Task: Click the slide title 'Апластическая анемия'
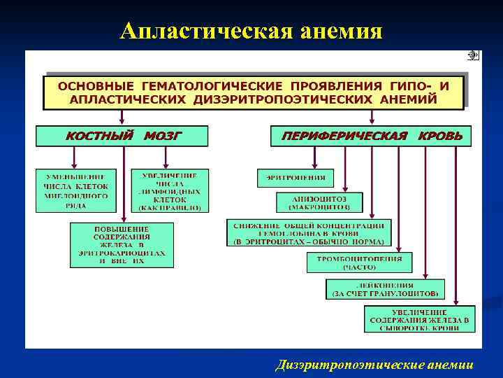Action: click(251, 31)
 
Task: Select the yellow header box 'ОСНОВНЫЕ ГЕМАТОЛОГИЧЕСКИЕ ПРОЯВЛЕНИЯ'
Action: click(254, 92)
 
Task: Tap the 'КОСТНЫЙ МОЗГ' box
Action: click(122, 136)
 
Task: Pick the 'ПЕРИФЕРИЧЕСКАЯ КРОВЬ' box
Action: click(371, 136)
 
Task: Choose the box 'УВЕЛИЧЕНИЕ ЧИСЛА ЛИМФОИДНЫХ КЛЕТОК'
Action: click(170, 191)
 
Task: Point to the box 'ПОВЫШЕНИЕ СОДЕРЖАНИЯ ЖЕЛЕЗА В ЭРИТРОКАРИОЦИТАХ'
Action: click(122, 244)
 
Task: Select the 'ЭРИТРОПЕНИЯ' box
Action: click(296, 178)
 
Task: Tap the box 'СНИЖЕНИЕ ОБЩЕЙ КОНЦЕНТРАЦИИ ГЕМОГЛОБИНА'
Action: click(309, 232)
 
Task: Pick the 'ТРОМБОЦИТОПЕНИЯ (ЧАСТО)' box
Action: click(359, 262)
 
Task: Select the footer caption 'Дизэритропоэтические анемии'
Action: click(374, 365)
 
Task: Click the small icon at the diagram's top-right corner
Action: click(473, 55)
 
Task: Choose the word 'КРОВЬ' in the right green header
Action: click(440, 136)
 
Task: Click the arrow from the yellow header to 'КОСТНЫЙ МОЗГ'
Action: click(122, 118)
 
